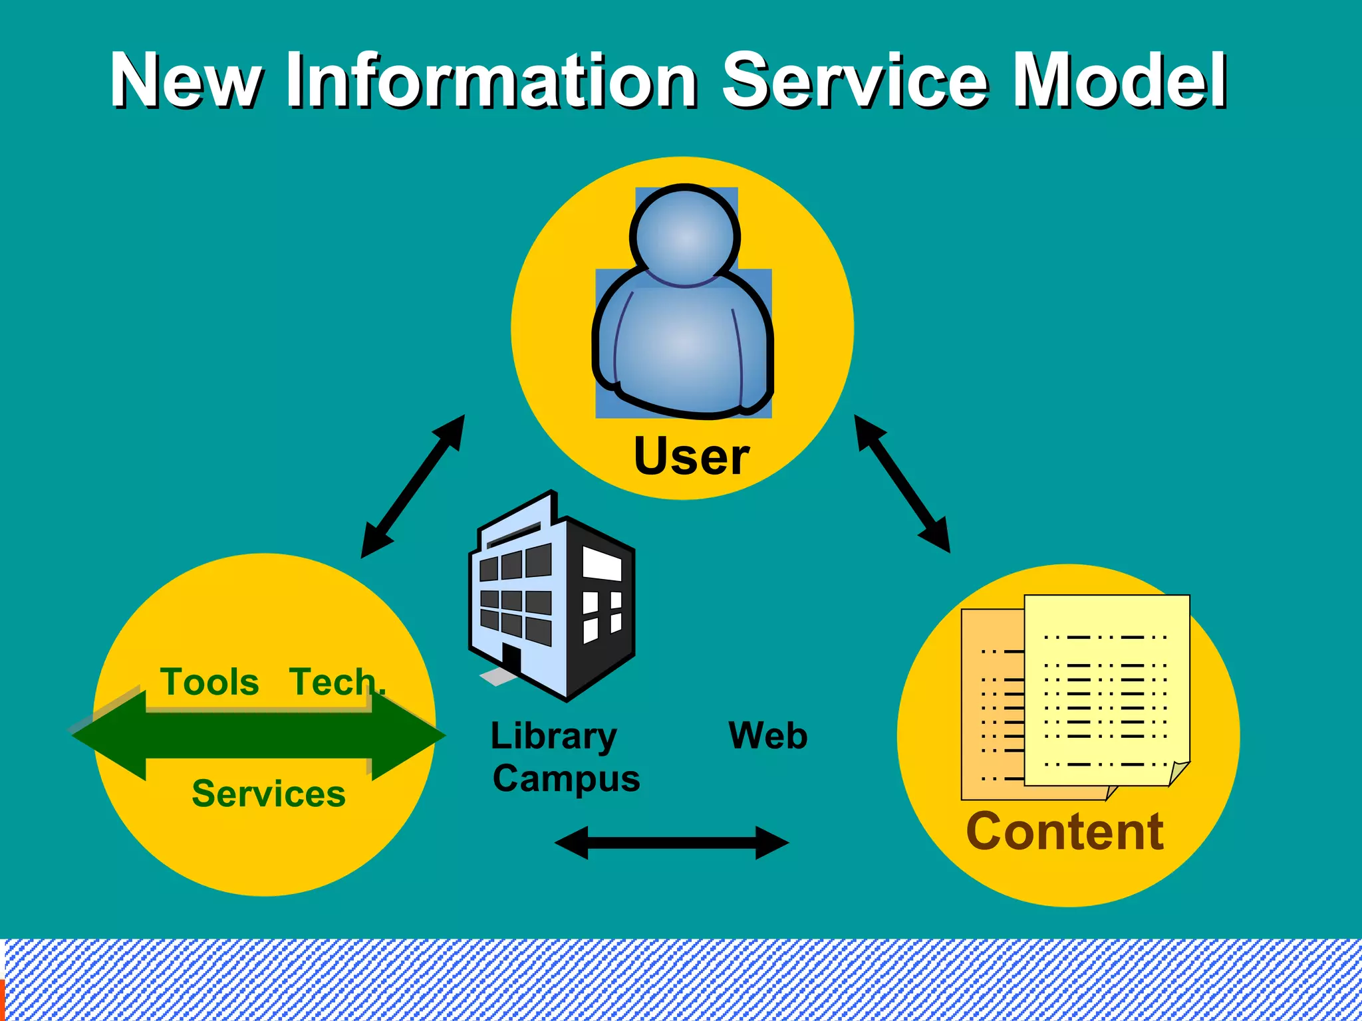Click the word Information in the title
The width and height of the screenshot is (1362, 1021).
click(x=491, y=81)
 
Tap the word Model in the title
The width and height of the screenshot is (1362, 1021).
click(x=1119, y=81)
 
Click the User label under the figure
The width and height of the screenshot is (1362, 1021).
click(x=692, y=457)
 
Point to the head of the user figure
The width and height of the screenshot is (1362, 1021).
click(x=685, y=236)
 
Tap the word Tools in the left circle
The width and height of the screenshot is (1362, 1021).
click(x=209, y=682)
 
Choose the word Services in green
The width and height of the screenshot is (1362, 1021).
click(x=269, y=794)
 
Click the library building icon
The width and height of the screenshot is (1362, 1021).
click(x=552, y=598)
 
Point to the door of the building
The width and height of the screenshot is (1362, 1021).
click(x=511, y=658)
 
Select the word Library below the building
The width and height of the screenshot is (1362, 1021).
click(x=553, y=737)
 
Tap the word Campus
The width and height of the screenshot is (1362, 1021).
click(x=566, y=779)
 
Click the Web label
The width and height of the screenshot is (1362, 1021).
click(x=768, y=736)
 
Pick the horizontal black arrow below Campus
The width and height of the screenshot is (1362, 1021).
click(x=672, y=843)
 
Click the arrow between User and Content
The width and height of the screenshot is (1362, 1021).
click(x=902, y=484)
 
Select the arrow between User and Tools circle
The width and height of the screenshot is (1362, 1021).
click(x=412, y=487)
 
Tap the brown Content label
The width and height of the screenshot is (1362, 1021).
click(x=1065, y=832)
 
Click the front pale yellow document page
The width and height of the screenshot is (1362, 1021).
click(x=1107, y=691)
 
